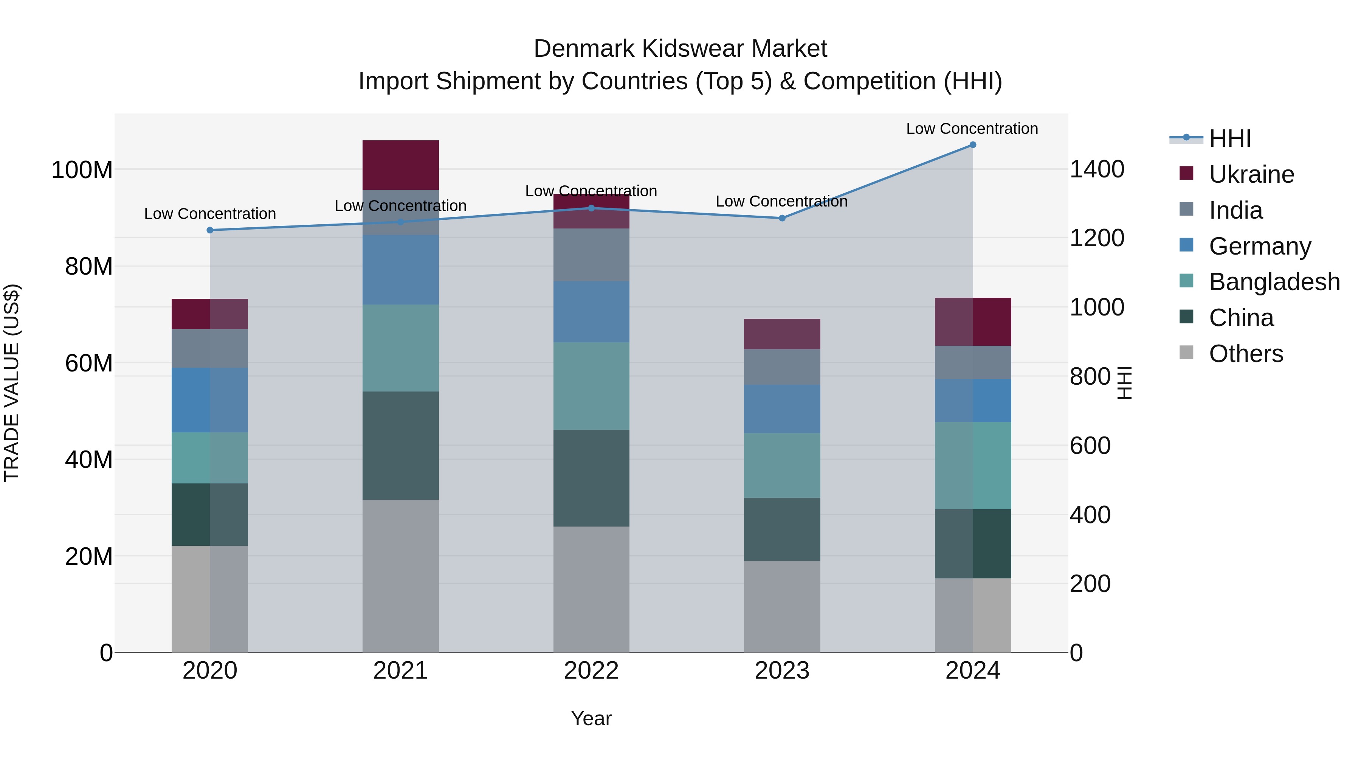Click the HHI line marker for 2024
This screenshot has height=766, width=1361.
pos(973,145)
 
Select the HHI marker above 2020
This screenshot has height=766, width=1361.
pos(210,230)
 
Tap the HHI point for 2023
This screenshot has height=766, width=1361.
pos(782,218)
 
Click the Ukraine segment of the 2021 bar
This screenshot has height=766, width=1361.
pos(400,165)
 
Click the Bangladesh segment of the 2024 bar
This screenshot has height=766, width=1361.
pos(973,465)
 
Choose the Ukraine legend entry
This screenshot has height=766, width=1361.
pos(1251,174)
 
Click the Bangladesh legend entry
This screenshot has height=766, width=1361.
pos(1274,282)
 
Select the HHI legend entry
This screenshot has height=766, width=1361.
pos(1229,138)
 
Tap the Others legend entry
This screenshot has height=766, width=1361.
pos(1245,354)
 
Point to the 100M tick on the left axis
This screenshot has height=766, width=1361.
pos(82,170)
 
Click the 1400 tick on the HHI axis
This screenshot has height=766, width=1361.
pos(1097,170)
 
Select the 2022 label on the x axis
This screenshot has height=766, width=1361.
pos(591,671)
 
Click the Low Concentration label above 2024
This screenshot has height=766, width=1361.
pos(972,129)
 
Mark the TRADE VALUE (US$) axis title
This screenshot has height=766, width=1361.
pos(12,383)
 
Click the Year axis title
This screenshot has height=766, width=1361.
pos(591,718)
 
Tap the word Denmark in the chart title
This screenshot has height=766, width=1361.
pos(583,49)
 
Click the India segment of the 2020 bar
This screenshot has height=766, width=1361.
pos(210,348)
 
